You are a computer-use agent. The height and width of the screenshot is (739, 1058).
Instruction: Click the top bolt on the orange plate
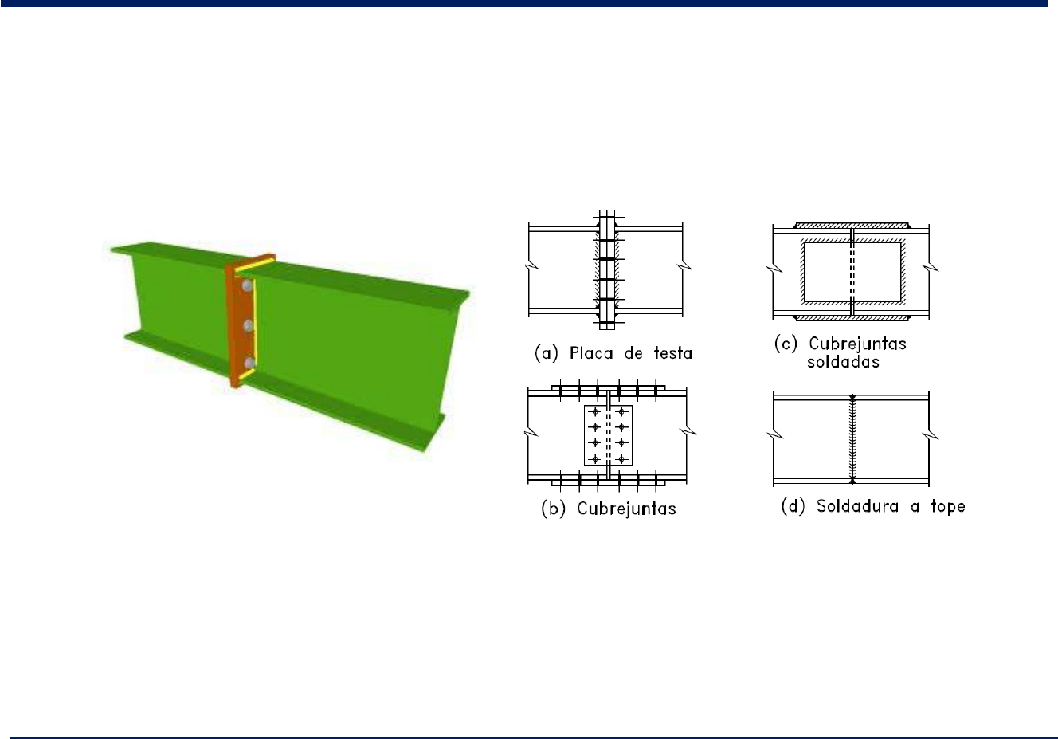click(246, 285)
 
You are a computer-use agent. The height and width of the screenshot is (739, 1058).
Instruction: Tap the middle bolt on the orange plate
click(249, 325)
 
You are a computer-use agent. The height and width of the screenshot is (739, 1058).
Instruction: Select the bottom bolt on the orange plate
click(249, 363)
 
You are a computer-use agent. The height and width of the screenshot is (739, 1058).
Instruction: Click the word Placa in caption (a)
click(591, 353)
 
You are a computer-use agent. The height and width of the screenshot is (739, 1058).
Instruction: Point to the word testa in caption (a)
click(673, 353)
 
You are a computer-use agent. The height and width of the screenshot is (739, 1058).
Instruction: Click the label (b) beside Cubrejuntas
click(553, 509)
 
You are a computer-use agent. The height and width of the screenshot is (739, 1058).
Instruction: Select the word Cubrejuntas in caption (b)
click(626, 509)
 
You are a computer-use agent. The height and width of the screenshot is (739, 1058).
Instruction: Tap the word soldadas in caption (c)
click(843, 362)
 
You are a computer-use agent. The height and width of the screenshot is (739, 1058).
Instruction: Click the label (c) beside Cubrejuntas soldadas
click(786, 343)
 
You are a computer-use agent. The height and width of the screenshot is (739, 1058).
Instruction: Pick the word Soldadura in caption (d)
click(857, 506)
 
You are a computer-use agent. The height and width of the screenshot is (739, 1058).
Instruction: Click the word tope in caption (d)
click(948, 506)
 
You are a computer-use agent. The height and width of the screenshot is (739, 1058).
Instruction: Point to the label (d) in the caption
click(793, 506)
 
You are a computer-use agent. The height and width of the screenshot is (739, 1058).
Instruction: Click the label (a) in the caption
click(547, 353)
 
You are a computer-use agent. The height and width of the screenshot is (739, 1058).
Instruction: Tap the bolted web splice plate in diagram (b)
click(609, 435)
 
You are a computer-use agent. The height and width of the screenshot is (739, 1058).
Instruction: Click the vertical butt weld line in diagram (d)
click(852, 439)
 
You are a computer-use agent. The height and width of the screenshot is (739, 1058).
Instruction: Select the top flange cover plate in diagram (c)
click(851, 226)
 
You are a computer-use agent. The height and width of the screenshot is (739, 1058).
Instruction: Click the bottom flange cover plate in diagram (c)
click(852, 318)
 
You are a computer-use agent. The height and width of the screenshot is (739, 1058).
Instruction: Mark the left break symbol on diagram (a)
click(532, 265)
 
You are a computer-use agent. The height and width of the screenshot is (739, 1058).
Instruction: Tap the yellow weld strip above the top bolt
click(255, 267)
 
